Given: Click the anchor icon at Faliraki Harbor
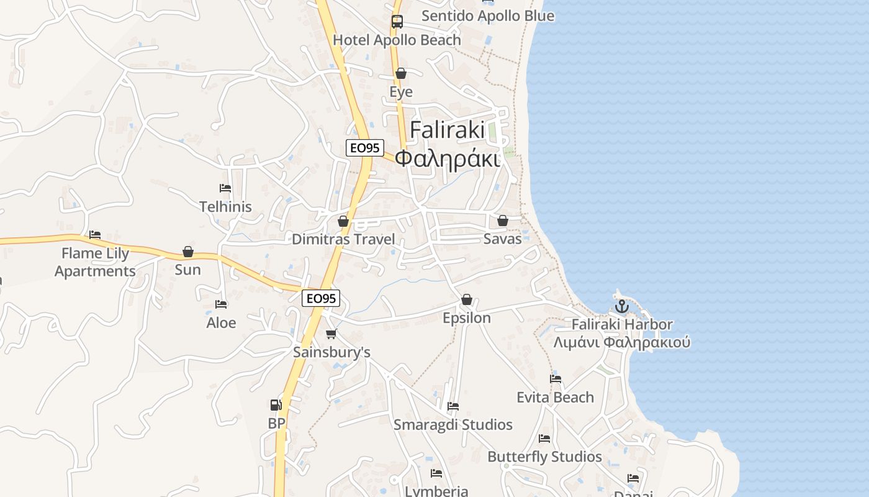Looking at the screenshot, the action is point(621,306).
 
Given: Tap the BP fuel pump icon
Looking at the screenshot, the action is point(276,405).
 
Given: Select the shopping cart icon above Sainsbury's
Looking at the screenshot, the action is point(331,334).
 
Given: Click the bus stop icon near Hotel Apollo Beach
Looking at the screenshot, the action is point(397,22).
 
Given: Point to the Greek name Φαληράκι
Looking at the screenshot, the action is point(447,159).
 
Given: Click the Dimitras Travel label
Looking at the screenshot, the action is point(343,239).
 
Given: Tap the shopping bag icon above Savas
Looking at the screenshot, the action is point(503,221).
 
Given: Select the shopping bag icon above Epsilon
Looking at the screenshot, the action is point(467,300).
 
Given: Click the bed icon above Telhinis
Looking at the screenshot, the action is point(225,188).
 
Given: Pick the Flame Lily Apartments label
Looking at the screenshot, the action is point(95,262).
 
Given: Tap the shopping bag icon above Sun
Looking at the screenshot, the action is point(188,252).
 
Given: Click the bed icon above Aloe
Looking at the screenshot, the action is point(221,304).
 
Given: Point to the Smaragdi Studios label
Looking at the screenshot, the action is point(453,425).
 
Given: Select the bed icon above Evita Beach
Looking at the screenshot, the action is point(556,379).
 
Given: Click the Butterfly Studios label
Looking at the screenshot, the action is point(544,457).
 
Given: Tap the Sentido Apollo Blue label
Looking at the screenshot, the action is point(488,16).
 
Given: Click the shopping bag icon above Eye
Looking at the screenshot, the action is point(401,73).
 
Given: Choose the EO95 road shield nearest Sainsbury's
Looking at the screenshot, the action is point(321,298).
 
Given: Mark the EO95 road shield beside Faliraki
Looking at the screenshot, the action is point(365,148).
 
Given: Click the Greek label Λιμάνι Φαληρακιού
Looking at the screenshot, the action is point(622,342).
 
